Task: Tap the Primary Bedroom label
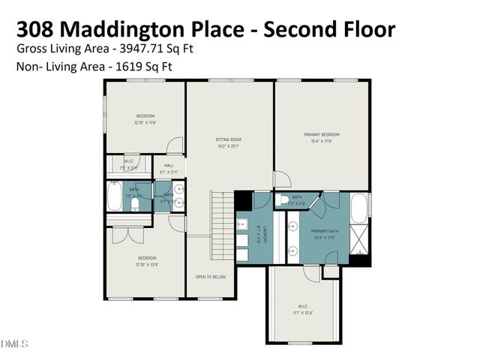tap(322, 135)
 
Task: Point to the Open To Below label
tap(211, 277)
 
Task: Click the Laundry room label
tap(256, 234)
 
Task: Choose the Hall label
tap(169, 166)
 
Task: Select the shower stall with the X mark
tap(360, 241)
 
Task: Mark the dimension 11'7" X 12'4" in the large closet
tap(304, 313)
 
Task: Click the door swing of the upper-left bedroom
tap(174, 145)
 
